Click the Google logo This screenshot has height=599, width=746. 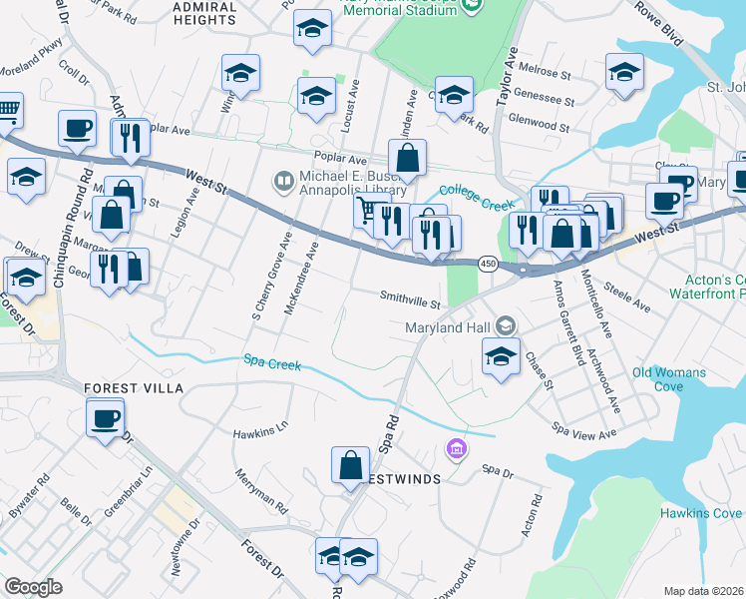coord(33,587)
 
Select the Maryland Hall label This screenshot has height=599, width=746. coord(450,326)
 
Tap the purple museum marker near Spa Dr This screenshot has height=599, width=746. coord(458,450)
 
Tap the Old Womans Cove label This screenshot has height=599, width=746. coord(669,379)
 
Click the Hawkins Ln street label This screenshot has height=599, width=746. coord(260,433)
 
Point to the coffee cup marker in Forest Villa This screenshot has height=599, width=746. coord(105,420)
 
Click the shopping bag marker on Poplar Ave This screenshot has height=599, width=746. coord(407,159)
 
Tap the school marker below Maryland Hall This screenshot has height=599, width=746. coord(500,356)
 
